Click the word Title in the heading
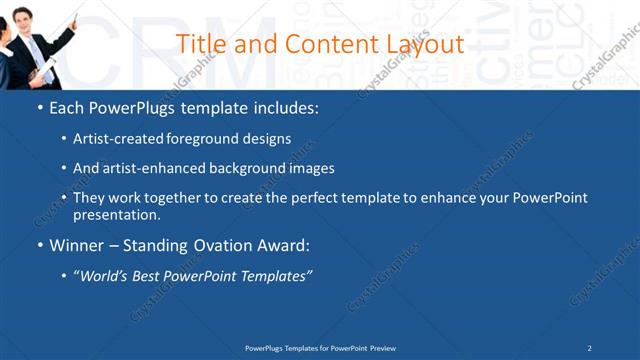[x=199, y=44]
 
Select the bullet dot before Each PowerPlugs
[x=39, y=107]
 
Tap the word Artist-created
[x=111, y=139]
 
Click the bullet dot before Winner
[x=39, y=245]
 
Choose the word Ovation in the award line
[x=219, y=244]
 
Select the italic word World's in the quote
[x=106, y=275]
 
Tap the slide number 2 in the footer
[x=589, y=347]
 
